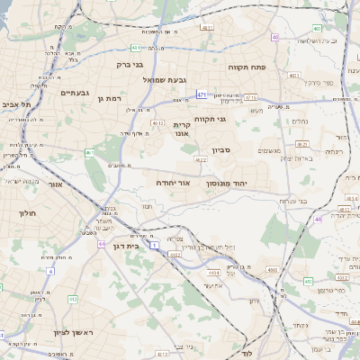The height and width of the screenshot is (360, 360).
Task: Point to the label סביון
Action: tap(222, 150)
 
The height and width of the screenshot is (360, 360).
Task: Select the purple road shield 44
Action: tap(102, 243)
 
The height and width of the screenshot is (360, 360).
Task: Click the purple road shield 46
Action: tap(319, 219)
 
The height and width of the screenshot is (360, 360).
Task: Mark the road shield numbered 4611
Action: tap(208, 29)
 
